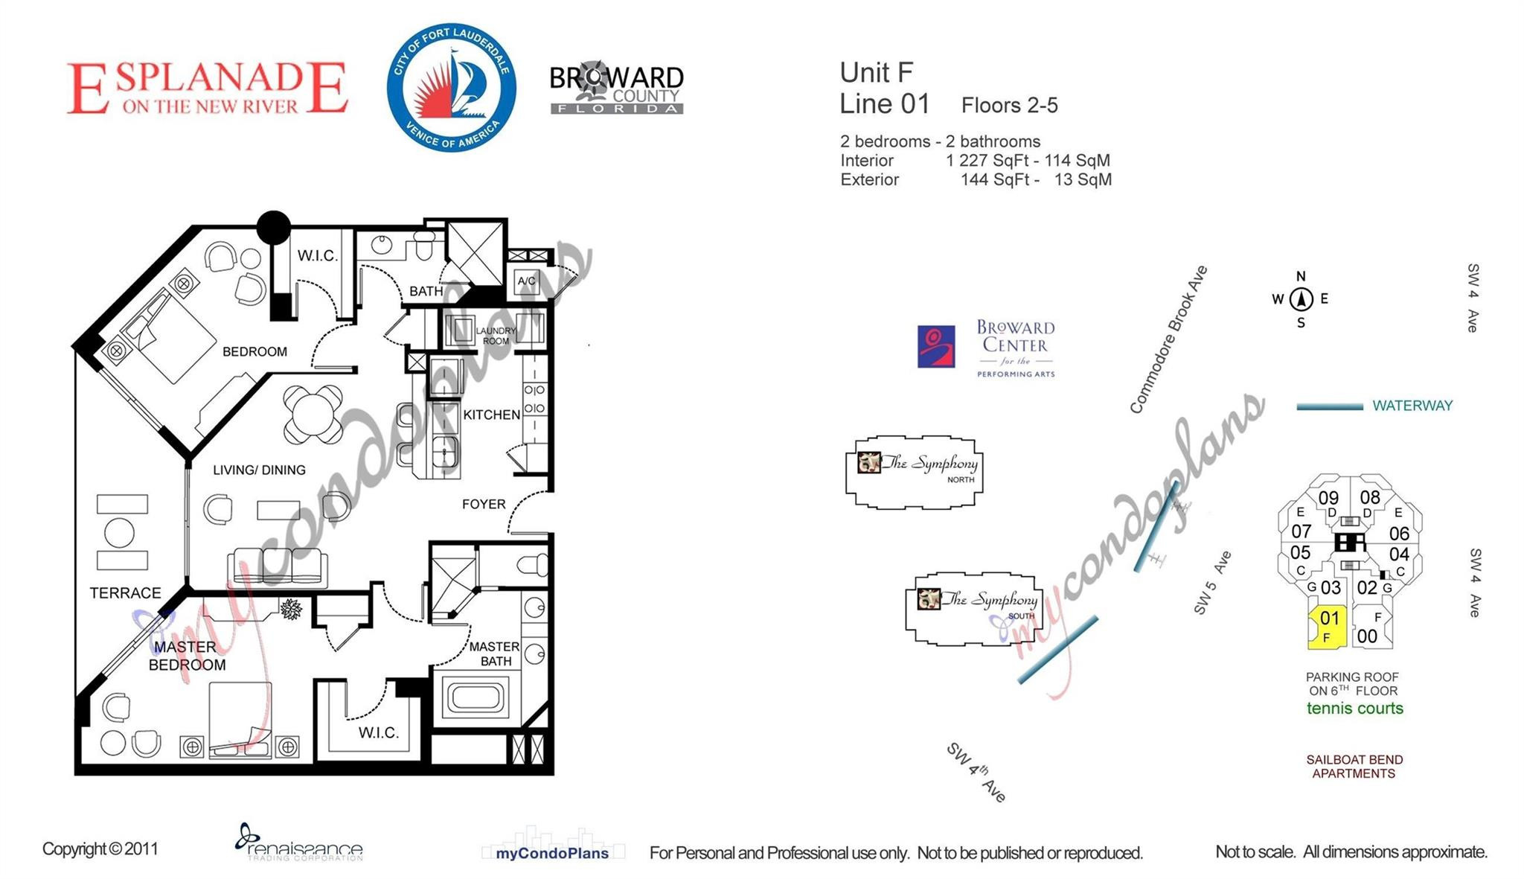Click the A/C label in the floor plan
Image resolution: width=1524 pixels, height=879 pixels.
[x=526, y=281]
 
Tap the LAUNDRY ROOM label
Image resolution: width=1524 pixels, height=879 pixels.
[x=496, y=336]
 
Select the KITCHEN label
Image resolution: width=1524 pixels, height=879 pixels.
[x=491, y=415]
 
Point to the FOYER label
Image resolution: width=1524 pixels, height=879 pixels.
[x=484, y=504]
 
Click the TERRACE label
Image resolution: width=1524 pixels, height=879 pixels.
[x=125, y=593]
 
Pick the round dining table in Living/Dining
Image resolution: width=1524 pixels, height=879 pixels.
[x=313, y=413]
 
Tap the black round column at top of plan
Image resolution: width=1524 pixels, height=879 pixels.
[x=274, y=227]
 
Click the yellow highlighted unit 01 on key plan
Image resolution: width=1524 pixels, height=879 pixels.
[x=1328, y=627]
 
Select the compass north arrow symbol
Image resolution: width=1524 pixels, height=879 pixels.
[x=1301, y=299]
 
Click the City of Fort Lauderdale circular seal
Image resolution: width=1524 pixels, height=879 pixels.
[x=452, y=87]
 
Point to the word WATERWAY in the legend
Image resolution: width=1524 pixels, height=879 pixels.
[x=1412, y=406]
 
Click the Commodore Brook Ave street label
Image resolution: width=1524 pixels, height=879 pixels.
[x=1168, y=339]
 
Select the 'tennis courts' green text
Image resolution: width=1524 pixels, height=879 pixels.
[x=1354, y=709]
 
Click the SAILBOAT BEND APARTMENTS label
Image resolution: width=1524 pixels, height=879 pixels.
[x=1354, y=767]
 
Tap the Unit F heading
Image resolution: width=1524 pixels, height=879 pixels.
[x=876, y=73]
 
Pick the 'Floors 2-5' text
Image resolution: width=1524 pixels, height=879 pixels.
[x=1009, y=106]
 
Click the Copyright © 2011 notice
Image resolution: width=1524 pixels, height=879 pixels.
[x=100, y=849]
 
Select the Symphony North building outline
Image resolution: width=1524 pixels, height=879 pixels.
[x=915, y=472]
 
